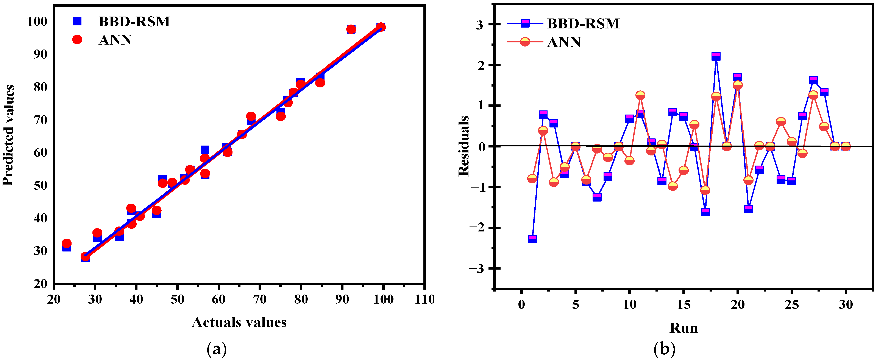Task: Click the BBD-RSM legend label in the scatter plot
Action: click(x=134, y=22)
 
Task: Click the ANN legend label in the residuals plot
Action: click(x=563, y=42)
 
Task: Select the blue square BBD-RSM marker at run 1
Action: click(x=532, y=239)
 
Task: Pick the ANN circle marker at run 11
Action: click(x=640, y=95)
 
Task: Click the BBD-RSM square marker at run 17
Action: click(x=705, y=212)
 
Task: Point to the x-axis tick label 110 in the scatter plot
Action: click(x=424, y=299)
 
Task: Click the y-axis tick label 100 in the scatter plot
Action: click(x=37, y=22)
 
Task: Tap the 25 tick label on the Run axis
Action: click(x=791, y=304)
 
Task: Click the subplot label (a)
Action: click(x=217, y=349)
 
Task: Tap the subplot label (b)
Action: click(x=664, y=349)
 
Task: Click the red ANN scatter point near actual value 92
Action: click(x=351, y=29)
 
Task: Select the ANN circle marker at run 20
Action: click(x=737, y=85)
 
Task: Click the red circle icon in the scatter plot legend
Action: click(x=77, y=40)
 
